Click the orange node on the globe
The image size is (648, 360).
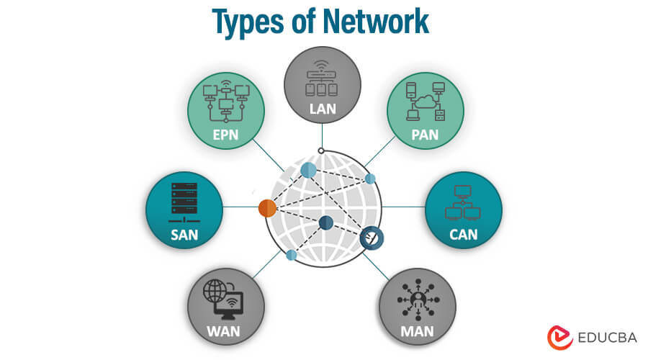pos(267,209)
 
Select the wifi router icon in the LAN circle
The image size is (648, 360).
pos(322,81)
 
